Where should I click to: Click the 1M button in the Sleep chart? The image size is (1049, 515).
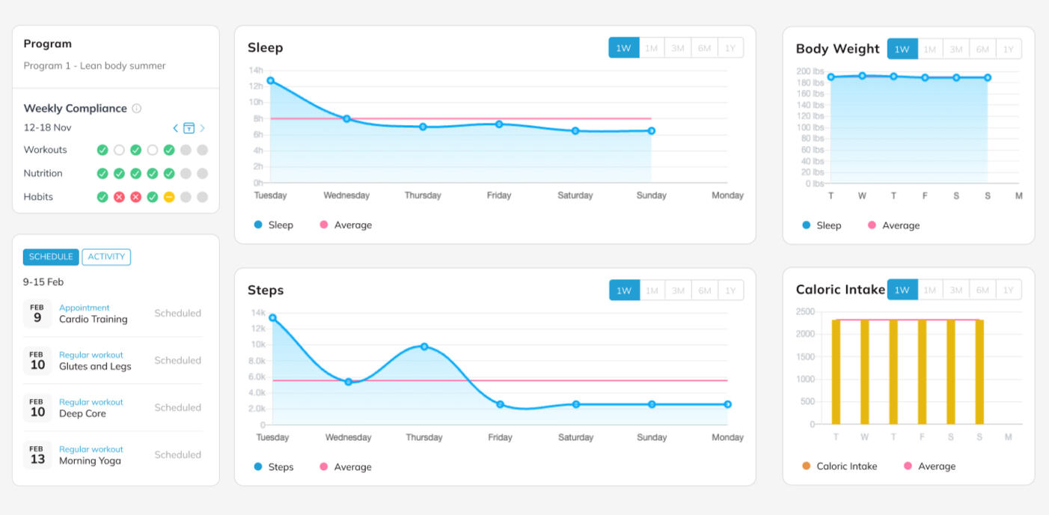point(652,48)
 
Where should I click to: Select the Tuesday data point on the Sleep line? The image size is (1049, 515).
point(271,81)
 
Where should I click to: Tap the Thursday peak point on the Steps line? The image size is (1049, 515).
point(424,347)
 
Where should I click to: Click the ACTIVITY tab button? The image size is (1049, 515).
point(106,257)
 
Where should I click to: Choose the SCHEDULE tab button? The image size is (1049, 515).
point(51,257)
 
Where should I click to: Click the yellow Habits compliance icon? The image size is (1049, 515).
point(169,197)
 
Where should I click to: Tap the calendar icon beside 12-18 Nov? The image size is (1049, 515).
point(189,128)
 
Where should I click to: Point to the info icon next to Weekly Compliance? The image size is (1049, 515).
point(136,109)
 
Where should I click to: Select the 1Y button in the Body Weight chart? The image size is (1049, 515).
point(1009,49)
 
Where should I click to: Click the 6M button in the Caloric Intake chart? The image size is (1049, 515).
point(982,290)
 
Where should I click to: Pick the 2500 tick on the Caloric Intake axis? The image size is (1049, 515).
point(806,311)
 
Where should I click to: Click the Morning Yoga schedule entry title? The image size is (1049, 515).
point(90,460)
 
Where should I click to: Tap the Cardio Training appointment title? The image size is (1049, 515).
point(94,319)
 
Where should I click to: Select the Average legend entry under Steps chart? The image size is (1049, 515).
point(346,467)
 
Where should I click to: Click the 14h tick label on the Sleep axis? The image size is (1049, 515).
point(256,70)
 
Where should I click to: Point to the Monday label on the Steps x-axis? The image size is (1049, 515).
point(727,437)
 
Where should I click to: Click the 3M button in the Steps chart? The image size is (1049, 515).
point(678,290)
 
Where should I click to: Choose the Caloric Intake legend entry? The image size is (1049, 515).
point(839,466)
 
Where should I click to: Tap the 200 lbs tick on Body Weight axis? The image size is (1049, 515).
point(810,71)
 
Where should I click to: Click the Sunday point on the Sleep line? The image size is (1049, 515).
point(652,131)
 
